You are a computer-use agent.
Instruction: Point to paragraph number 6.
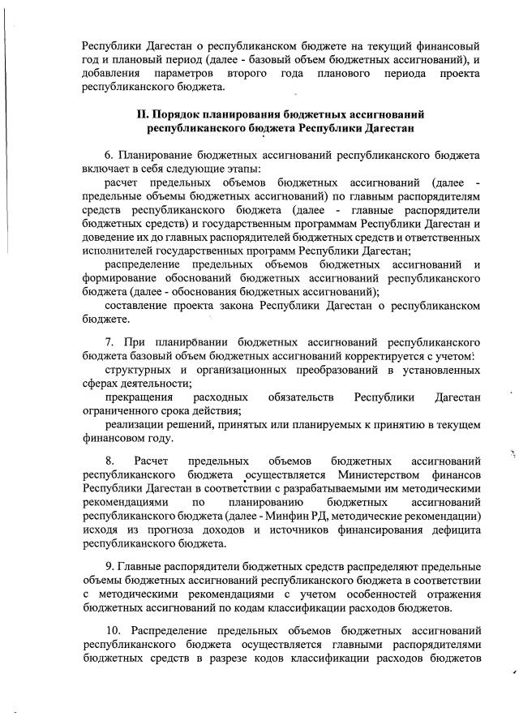(x=108, y=154)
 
